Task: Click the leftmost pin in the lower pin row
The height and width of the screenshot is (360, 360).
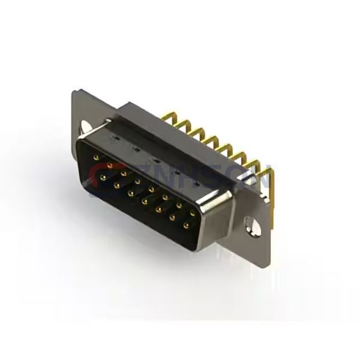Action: pos(102,178)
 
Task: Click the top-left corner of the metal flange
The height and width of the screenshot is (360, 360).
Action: pos(73,91)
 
